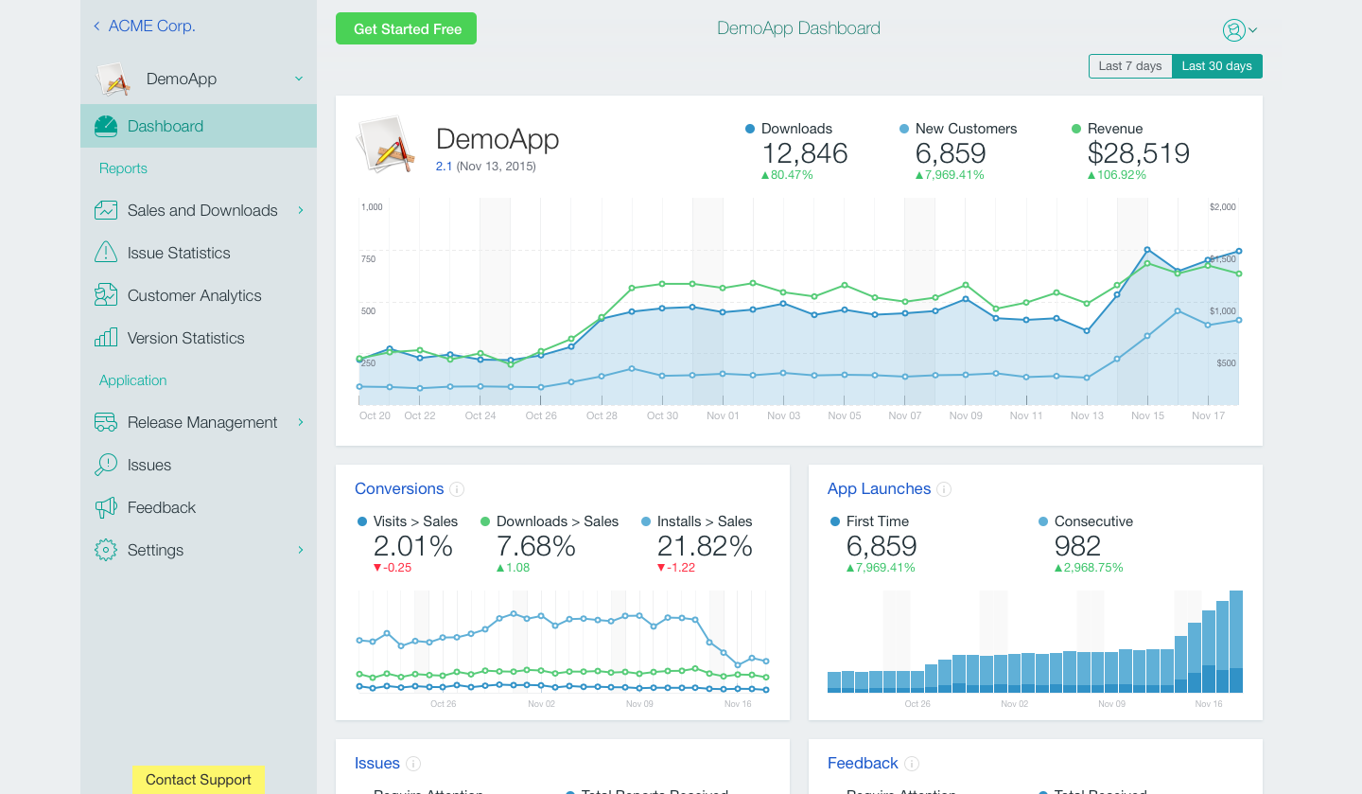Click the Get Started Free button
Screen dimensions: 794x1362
[x=406, y=29]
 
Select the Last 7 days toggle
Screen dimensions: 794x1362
[x=1130, y=66]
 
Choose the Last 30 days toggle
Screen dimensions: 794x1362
[x=1216, y=66]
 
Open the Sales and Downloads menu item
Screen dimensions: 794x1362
[x=202, y=210]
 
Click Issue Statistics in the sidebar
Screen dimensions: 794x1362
[x=179, y=253]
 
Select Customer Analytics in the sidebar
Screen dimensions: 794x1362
[x=194, y=295]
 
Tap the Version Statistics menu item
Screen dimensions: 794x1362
[x=185, y=338]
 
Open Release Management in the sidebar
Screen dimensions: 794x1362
[x=202, y=422]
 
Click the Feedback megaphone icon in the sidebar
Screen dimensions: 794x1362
[x=106, y=507]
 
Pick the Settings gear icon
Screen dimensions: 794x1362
[x=106, y=550]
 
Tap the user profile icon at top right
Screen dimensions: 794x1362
[x=1234, y=30]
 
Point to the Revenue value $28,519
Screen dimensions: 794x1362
[x=1138, y=153]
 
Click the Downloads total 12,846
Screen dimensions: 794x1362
[x=804, y=153]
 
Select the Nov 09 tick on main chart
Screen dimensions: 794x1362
[x=966, y=415]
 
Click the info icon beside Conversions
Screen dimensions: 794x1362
[x=457, y=489]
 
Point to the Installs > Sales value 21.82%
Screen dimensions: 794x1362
[x=705, y=546]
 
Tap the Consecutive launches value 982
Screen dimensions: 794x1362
[x=1077, y=546]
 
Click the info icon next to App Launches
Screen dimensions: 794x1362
[x=944, y=489]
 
